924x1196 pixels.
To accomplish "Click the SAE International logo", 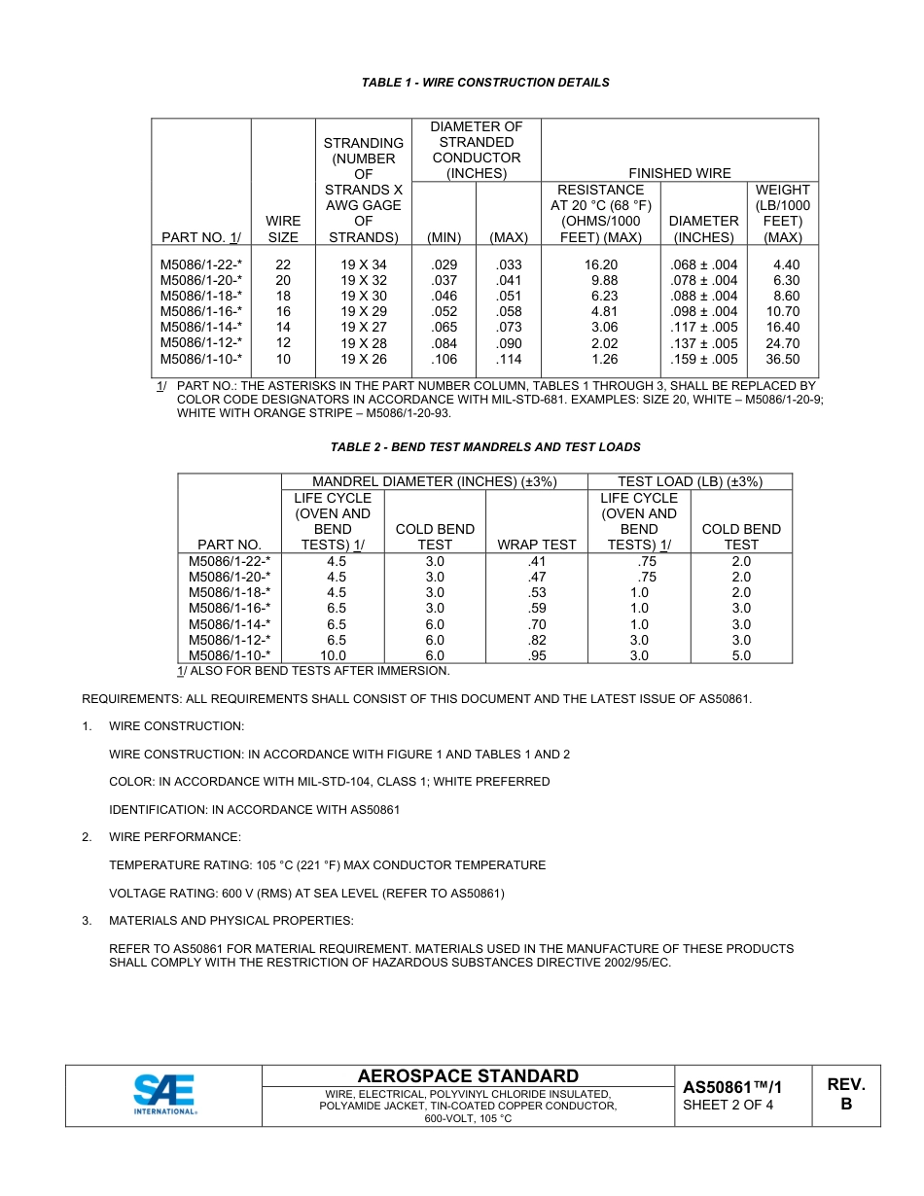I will pos(164,1095).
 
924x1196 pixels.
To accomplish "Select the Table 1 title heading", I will pos(485,83).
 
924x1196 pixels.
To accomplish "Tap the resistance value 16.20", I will pos(602,264).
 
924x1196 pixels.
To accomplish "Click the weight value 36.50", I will pos(782,359).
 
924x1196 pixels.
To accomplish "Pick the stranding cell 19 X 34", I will pos(364,264).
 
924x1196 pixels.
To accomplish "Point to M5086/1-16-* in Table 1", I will pos(201,312).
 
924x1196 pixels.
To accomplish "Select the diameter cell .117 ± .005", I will pos(704,328).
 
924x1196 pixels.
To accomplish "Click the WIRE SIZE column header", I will pos(283,229).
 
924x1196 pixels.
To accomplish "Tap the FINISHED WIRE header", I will pos(680,173).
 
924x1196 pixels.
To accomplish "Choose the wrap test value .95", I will pos(537,656).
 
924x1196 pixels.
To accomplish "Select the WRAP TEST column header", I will pos(537,545).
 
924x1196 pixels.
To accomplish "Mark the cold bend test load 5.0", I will pos(741,656).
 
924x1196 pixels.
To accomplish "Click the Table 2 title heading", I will pos(485,447).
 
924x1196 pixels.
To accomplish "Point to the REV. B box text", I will pos(845,1095).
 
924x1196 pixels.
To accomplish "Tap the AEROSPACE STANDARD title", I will pos(468,1075).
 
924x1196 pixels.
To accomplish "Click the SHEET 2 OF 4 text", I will pos(729,1105).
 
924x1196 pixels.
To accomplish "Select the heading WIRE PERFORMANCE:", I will pos(175,837).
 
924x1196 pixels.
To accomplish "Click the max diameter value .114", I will pos(508,359).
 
